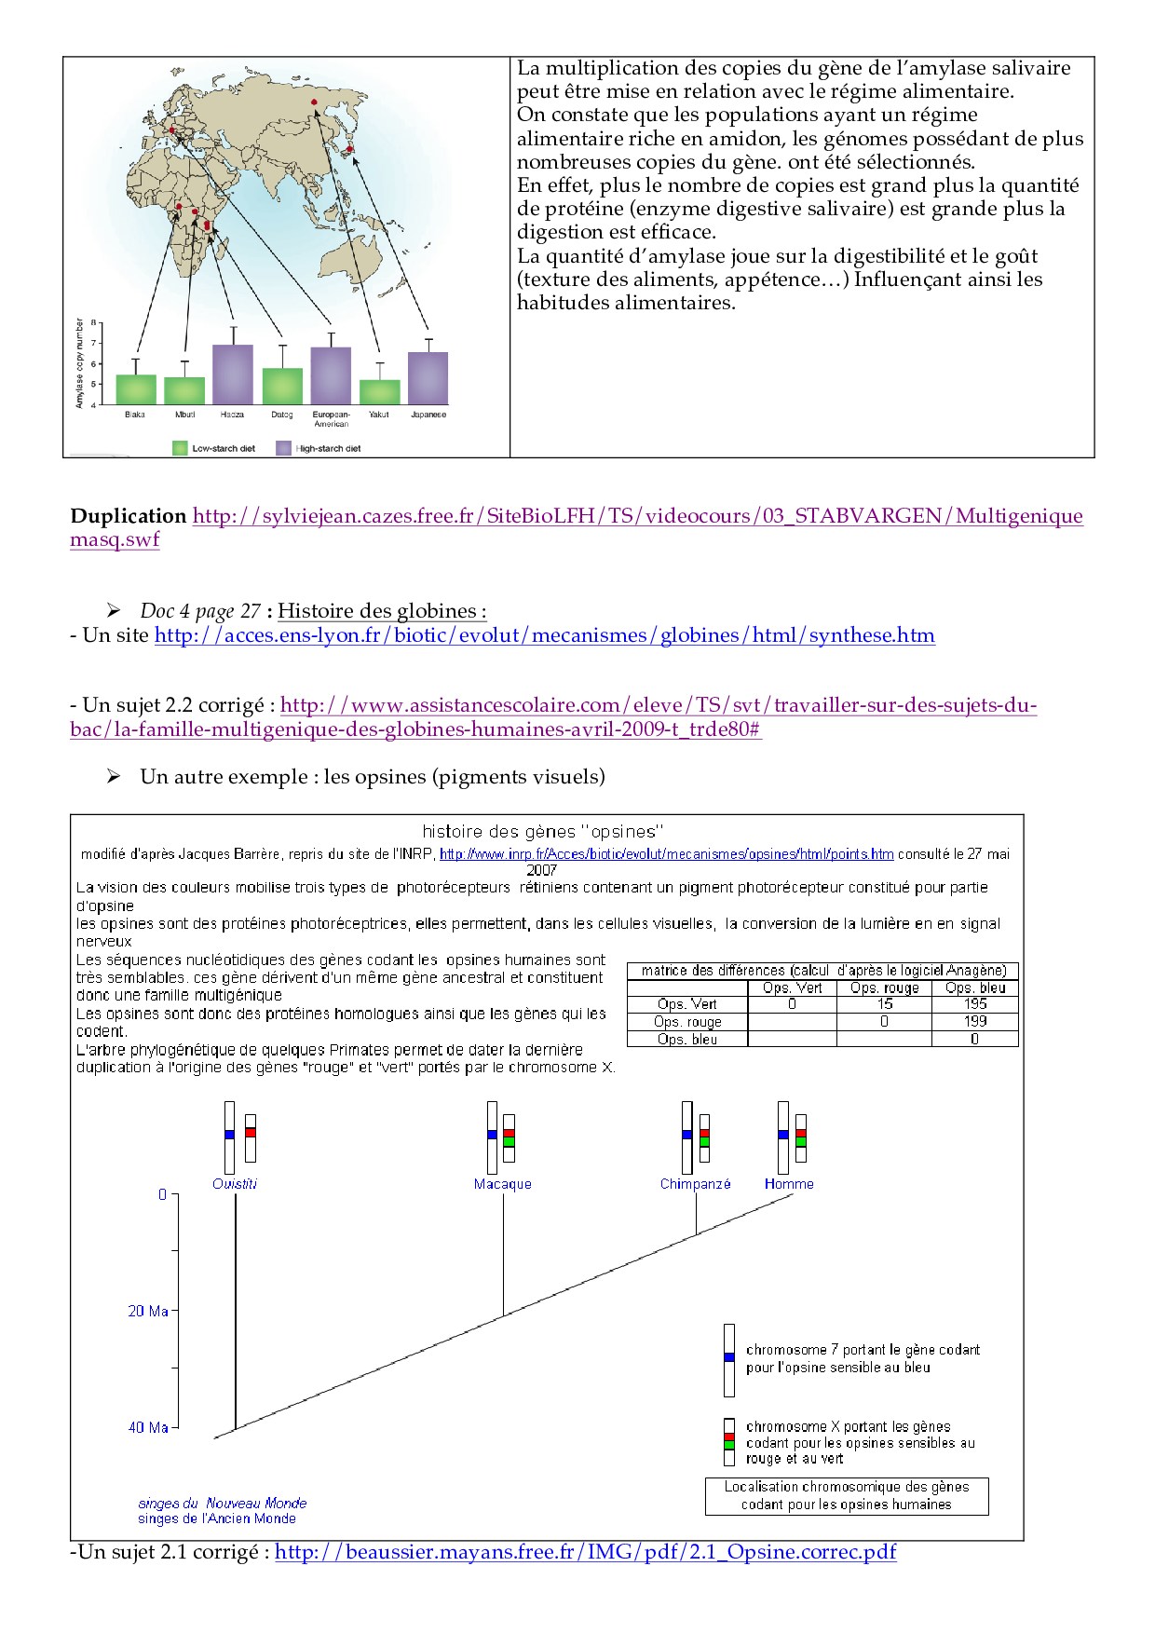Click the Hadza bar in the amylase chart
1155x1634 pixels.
(x=232, y=374)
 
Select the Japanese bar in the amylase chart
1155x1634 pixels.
(x=428, y=378)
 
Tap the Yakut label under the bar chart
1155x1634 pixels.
(x=378, y=415)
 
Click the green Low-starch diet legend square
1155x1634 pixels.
(x=181, y=448)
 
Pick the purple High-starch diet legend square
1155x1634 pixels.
(x=284, y=448)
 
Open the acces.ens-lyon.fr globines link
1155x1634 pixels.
(x=544, y=635)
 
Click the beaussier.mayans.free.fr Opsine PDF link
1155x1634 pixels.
(x=585, y=1552)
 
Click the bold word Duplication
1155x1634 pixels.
(x=129, y=516)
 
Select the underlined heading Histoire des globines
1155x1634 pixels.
(x=381, y=611)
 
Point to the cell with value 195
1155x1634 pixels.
(x=974, y=1004)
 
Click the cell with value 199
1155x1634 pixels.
(x=974, y=1022)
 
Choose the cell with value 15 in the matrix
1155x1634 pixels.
(x=884, y=1004)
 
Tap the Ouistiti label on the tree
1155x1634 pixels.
(x=235, y=1184)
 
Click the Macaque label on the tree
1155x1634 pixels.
(x=502, y=1184)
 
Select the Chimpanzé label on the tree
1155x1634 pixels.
(x=695, y=1184)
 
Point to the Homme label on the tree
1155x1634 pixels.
(x=789, y=1184)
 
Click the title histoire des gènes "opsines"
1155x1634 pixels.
(x=542, y=831)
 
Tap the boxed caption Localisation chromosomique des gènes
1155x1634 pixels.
(x=846, y=1495)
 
